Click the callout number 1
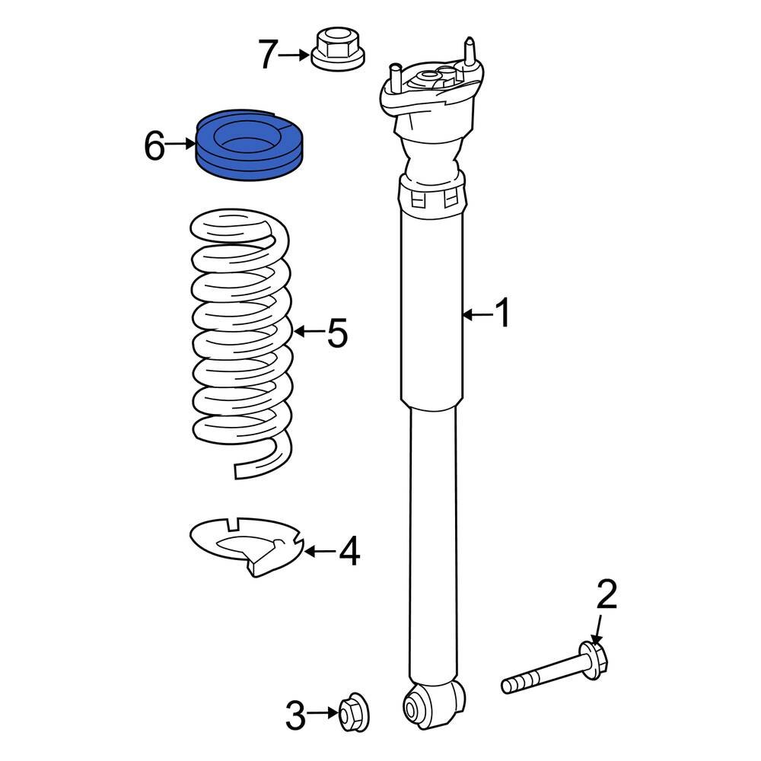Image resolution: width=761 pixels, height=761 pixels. [502, 314]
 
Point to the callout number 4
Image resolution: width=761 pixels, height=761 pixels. [349, 551]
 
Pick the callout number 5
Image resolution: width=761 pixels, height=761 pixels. [337, 332]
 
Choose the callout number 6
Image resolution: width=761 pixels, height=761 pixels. [154, 145]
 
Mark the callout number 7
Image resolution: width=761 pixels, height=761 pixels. [267, 55]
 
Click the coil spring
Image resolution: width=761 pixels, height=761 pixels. [239, 342]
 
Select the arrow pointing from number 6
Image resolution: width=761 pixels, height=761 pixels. [181, 143]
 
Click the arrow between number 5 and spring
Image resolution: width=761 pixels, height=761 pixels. [309, 331]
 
